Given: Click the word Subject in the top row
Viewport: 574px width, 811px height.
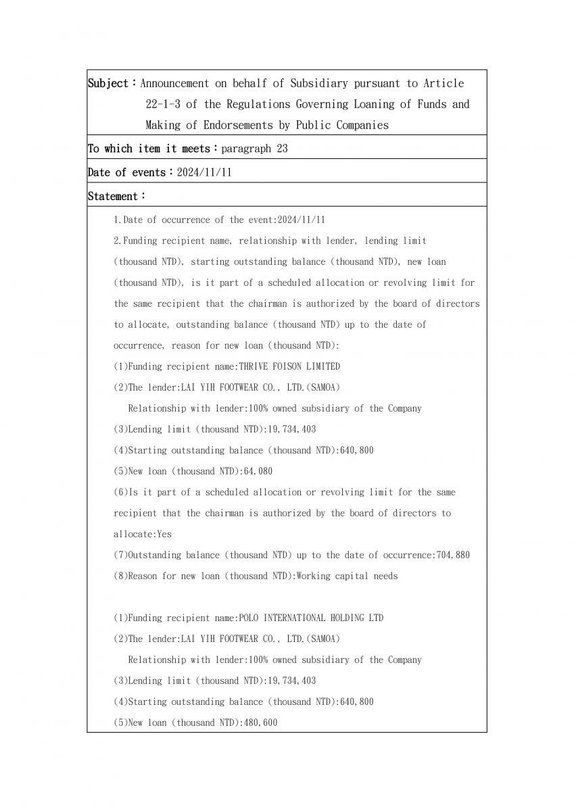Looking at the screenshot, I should point(108,83).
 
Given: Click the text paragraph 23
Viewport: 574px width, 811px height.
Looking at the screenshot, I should point(254,149).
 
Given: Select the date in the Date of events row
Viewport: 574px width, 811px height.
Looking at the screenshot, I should point(204,172).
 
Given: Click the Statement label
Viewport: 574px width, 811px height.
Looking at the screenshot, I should point(113,196).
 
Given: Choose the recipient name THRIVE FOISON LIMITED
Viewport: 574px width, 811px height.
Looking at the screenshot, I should point(289,366).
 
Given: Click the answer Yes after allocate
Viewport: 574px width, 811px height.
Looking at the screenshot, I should point(164,534).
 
